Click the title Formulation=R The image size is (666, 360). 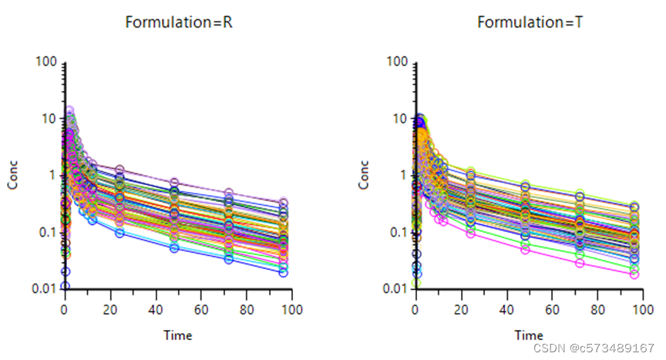[x=180, y=22]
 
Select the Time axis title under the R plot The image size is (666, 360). [x=177, y=335]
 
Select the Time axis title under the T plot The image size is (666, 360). [x=529, y=335]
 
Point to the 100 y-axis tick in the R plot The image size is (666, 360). [x=45, y=61]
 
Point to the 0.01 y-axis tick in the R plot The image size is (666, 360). [x=43, y=288]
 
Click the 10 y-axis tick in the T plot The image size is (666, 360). [x=399, y=118]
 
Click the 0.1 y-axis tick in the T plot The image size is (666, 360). [x=397, y=232]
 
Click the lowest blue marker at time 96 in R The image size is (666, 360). [x=283, y=272]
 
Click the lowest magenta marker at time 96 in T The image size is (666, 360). [x=634, y=274]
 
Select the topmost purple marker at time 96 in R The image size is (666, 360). [x=283, y=204]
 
